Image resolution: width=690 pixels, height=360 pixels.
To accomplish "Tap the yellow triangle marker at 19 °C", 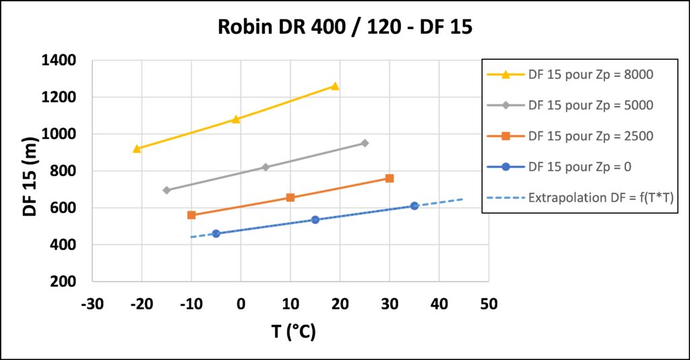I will [335, 86].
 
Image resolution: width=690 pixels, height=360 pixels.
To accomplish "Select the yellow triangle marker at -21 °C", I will [137, 148].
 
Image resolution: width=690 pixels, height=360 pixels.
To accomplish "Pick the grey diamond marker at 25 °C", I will [365, 143].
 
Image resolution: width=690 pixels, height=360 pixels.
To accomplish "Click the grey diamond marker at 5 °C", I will [265, 167].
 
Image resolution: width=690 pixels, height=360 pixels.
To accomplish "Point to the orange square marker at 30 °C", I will [389, 179].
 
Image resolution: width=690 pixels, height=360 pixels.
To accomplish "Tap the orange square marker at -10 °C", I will [191, 215].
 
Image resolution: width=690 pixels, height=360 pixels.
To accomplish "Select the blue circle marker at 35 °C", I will [414, 206].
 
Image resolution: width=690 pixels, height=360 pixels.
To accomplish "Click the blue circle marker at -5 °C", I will [216, 234].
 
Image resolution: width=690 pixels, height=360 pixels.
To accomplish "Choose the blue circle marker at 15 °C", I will [315, 220].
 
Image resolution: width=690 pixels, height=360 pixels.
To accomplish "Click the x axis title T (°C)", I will [294, 332].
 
